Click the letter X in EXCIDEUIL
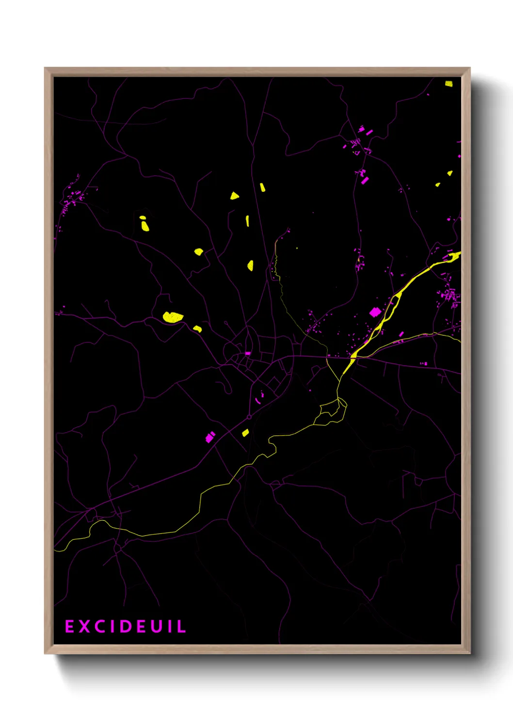coord(84,626)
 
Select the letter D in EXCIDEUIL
coord(125,626)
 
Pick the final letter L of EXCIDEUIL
coord(182,626)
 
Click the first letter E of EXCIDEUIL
coord(69,626)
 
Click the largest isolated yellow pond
coord(173,317)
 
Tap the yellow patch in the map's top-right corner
coord(449,84)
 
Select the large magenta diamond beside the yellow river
coord(374,312)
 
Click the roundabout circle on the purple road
coord(249,417)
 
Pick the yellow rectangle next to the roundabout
coord(245,433)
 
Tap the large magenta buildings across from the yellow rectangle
coord(209,437)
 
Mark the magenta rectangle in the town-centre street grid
coord(248,354)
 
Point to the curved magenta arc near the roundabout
coord(258,401)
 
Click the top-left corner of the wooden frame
coord(45,68)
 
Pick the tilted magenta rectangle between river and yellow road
coord(401,334)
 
